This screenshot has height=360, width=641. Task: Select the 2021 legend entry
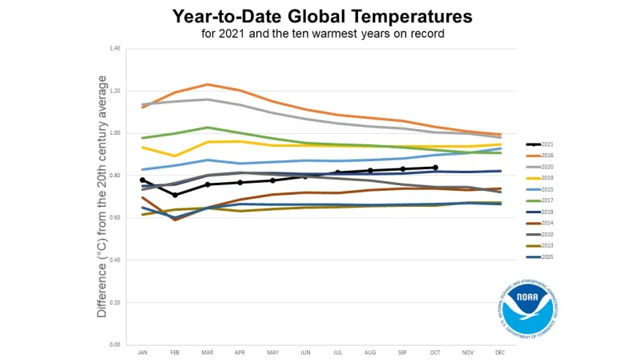[x=546, y=144]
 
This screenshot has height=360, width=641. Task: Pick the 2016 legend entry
[x=546, y=156]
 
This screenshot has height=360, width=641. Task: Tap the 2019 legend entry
[x=546, y=178]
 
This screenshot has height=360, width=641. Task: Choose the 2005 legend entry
[x=546, y=257]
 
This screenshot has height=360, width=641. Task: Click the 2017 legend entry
[x=546, y=200]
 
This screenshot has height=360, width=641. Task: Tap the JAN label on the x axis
[x=143, y=353]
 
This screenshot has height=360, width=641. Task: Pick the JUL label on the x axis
[x=337, y=353]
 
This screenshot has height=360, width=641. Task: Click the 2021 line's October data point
[x=435, y=168]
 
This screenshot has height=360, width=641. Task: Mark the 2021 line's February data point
[x=175, y=195]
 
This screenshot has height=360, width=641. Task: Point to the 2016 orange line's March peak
[x=208, y=84]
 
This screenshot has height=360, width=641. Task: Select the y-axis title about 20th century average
[x=103, y=196]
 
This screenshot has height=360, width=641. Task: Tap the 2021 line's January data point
[x=143, y=180]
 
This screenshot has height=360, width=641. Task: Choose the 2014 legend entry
[x=546, y=223]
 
